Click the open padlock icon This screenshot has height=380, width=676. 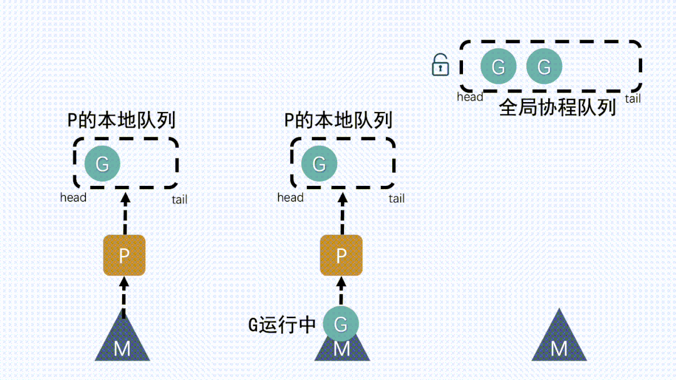click(441, 64)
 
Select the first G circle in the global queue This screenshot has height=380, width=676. click(498, 66)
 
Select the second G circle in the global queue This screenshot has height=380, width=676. click(544, 66)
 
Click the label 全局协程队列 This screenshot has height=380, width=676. click(557, 108)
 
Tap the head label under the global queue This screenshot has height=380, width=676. click(470, 96)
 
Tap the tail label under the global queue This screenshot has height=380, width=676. click(632, 98)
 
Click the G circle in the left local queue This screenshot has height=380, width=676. click(102, 164)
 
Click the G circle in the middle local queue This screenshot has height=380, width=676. click(319, 164)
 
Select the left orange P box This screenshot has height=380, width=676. click(124, 255)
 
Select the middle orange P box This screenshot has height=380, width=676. click(341, 255)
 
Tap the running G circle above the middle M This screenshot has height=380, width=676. click(340, 324)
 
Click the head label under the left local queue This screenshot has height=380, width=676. click(73, 197)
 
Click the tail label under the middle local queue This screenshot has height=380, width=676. click(396, 198)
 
